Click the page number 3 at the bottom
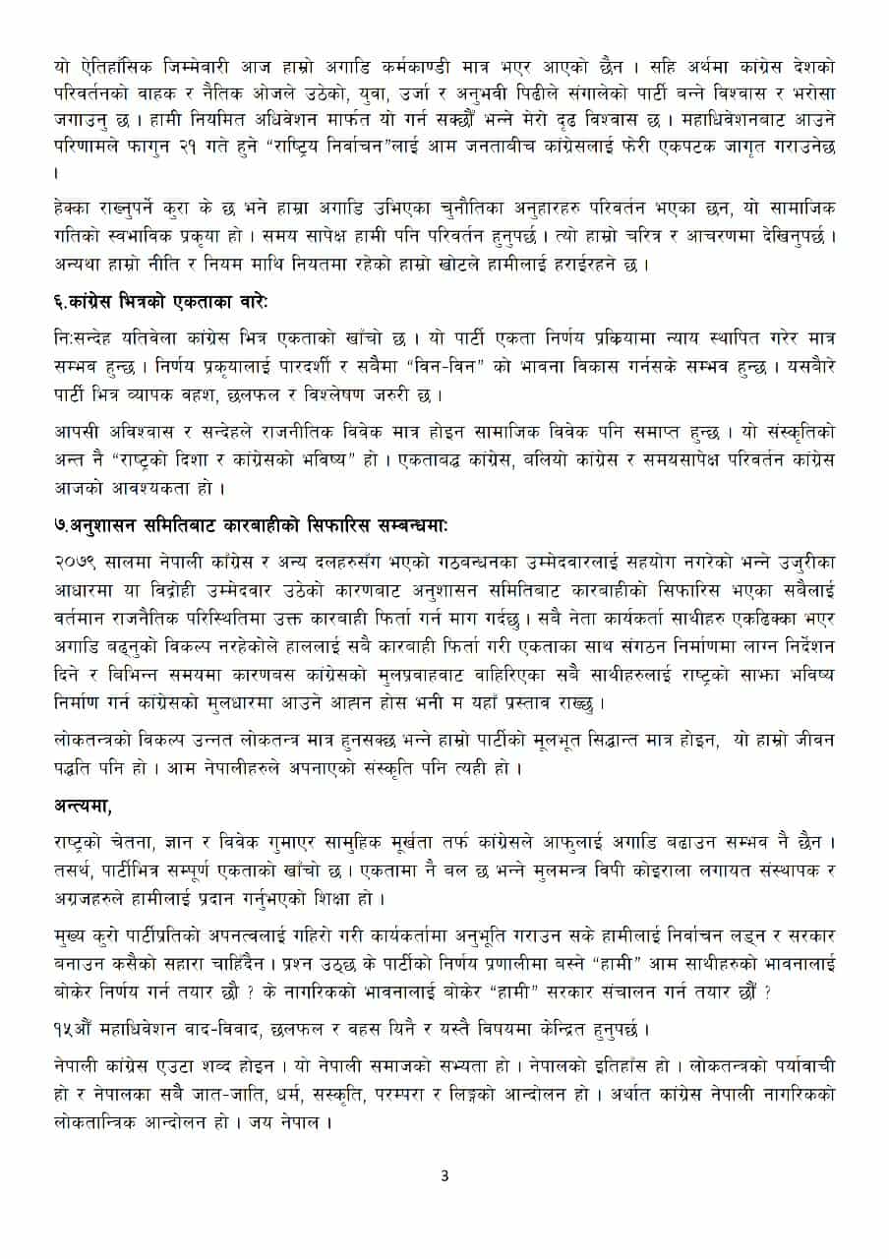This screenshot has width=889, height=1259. (444, 1175)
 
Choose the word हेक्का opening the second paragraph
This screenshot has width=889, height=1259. (76, 210)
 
